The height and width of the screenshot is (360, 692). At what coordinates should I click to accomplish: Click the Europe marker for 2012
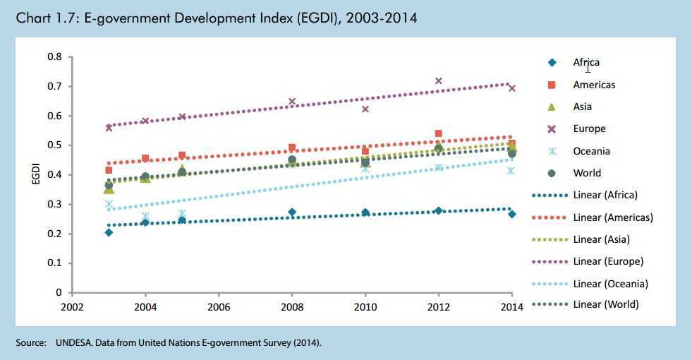(438, 81)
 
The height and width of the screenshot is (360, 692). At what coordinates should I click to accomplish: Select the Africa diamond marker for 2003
(109, 232)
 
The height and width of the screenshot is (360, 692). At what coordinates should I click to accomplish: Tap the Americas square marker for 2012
(438, 133)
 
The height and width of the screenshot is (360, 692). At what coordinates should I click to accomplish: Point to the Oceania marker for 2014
(511, 171)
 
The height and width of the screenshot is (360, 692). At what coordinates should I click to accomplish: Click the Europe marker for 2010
(365, 109)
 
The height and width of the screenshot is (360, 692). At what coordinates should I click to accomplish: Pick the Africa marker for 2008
(292, 212)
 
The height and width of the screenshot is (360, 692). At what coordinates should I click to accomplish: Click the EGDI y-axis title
(35, 174)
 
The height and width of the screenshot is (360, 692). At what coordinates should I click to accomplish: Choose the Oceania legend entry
(591, 151)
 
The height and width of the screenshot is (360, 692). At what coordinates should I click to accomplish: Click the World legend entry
(587, 173)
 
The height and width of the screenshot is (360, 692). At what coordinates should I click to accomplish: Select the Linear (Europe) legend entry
(608, 261)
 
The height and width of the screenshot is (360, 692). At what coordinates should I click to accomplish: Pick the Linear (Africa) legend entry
(605, 195)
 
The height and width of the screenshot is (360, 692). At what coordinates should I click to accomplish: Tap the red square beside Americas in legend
(552, 85)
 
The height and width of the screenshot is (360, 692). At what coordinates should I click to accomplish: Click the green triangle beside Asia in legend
(552, 107)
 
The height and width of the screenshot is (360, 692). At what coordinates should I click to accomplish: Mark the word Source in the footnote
(30, 343)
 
